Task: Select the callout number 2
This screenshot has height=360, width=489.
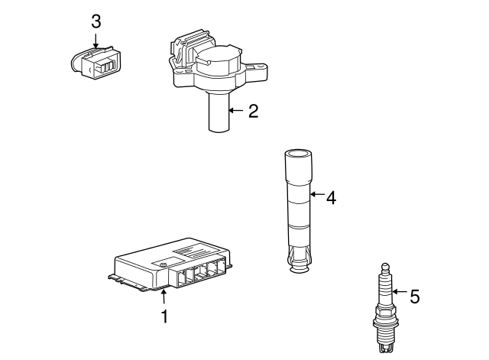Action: (253, 112)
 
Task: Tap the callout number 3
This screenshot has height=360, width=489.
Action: (96, 21)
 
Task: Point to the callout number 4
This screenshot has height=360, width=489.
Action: (331, 197)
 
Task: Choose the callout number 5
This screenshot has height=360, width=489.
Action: (414, 296)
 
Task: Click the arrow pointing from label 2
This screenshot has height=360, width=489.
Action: (235, 112)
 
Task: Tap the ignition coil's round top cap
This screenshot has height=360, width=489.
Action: (219, 58)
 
